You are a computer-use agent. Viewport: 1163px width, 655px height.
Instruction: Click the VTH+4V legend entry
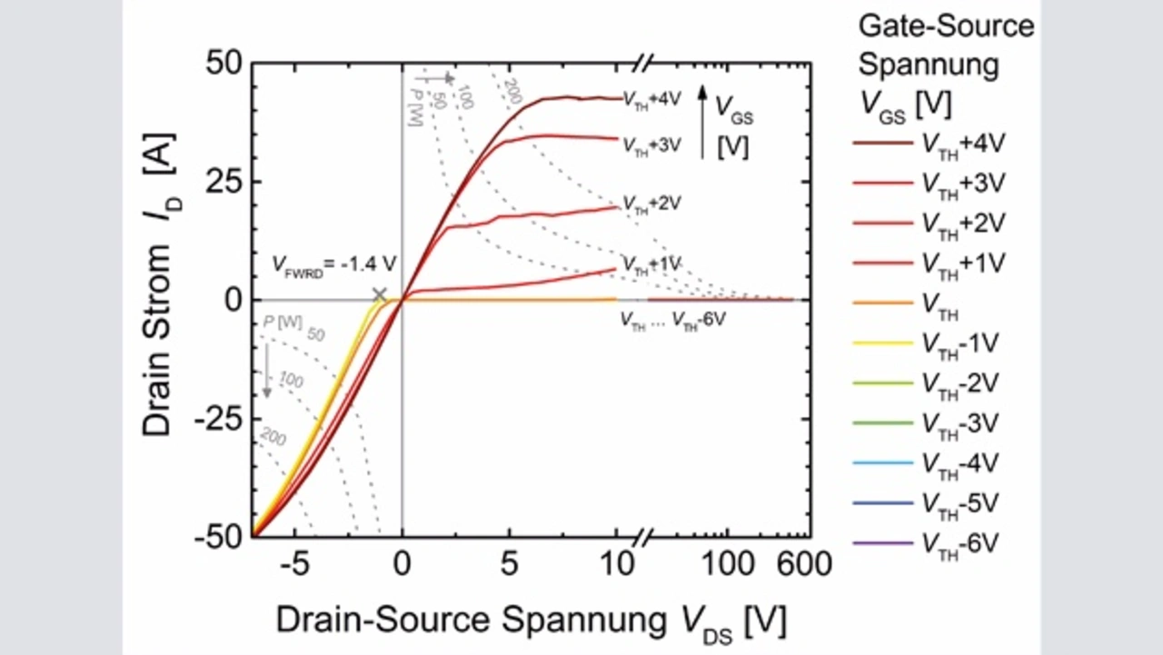(x=959, y=143)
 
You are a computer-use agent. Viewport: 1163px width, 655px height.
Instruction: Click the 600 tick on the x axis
(x=802, y=565)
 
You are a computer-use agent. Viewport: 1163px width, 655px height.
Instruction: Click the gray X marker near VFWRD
(x=379, y=294)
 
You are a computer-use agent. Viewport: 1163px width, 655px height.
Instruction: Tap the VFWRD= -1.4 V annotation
(x=334, y=264)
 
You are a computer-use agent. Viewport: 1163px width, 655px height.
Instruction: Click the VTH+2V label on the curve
(x=649, y=203)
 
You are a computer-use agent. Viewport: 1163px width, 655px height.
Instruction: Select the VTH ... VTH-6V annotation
(x=673, y=319)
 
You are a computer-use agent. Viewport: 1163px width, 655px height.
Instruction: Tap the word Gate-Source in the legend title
(x=946, y=25)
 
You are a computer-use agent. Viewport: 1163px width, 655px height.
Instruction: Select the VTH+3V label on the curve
(x=649, y=144)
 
